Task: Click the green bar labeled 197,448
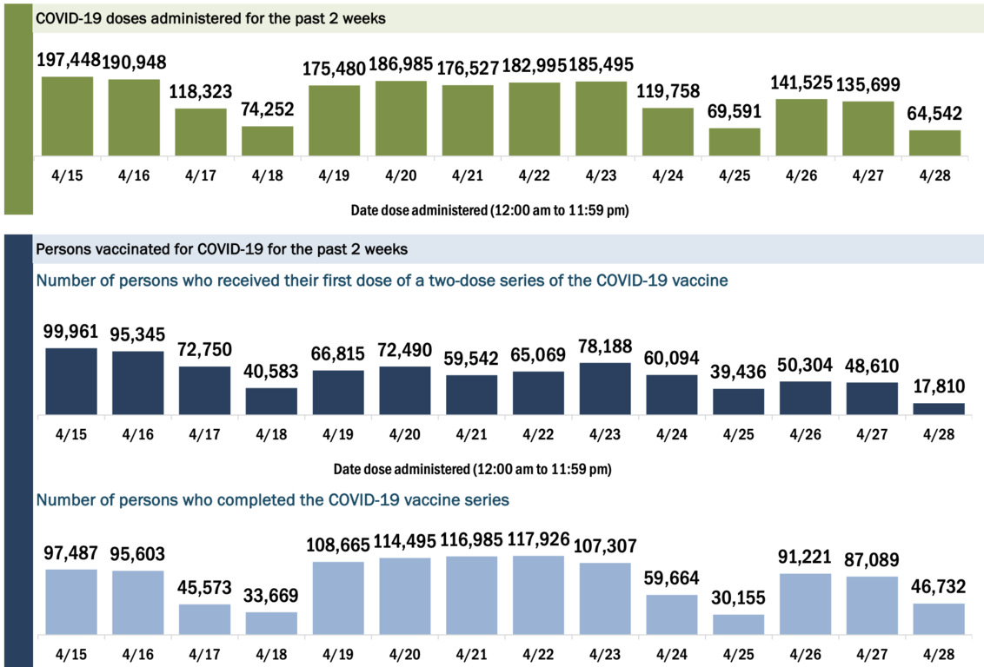(x=67, y=116)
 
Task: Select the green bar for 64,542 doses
(x=935, y=143)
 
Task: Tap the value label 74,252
(x=268, y=109)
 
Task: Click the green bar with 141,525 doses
(x=801, y=128)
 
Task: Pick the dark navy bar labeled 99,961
(x=71, y=381)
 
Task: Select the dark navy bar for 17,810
(x=939, y=409)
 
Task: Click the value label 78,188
(x=604, y=345)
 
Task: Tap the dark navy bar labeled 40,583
(x=271, y=401)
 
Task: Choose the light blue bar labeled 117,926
(x=538, y=595)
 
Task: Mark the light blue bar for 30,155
(x=738, y=624)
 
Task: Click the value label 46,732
(x=938, y=586)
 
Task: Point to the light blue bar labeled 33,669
(x=271, y=623)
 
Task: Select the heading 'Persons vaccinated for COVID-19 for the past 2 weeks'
(x=222, y=249)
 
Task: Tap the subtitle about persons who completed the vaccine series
(x=272, y=500)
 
